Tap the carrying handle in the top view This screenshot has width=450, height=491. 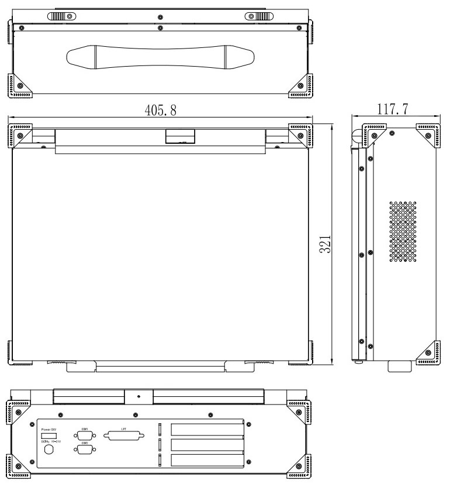[161, 58]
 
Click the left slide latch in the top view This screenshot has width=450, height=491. [61, 16]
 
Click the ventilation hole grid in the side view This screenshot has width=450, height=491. [404, 231]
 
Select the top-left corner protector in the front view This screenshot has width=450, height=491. [20, 134]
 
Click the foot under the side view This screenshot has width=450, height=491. [403, 366]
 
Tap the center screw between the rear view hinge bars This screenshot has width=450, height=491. [139, 397]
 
